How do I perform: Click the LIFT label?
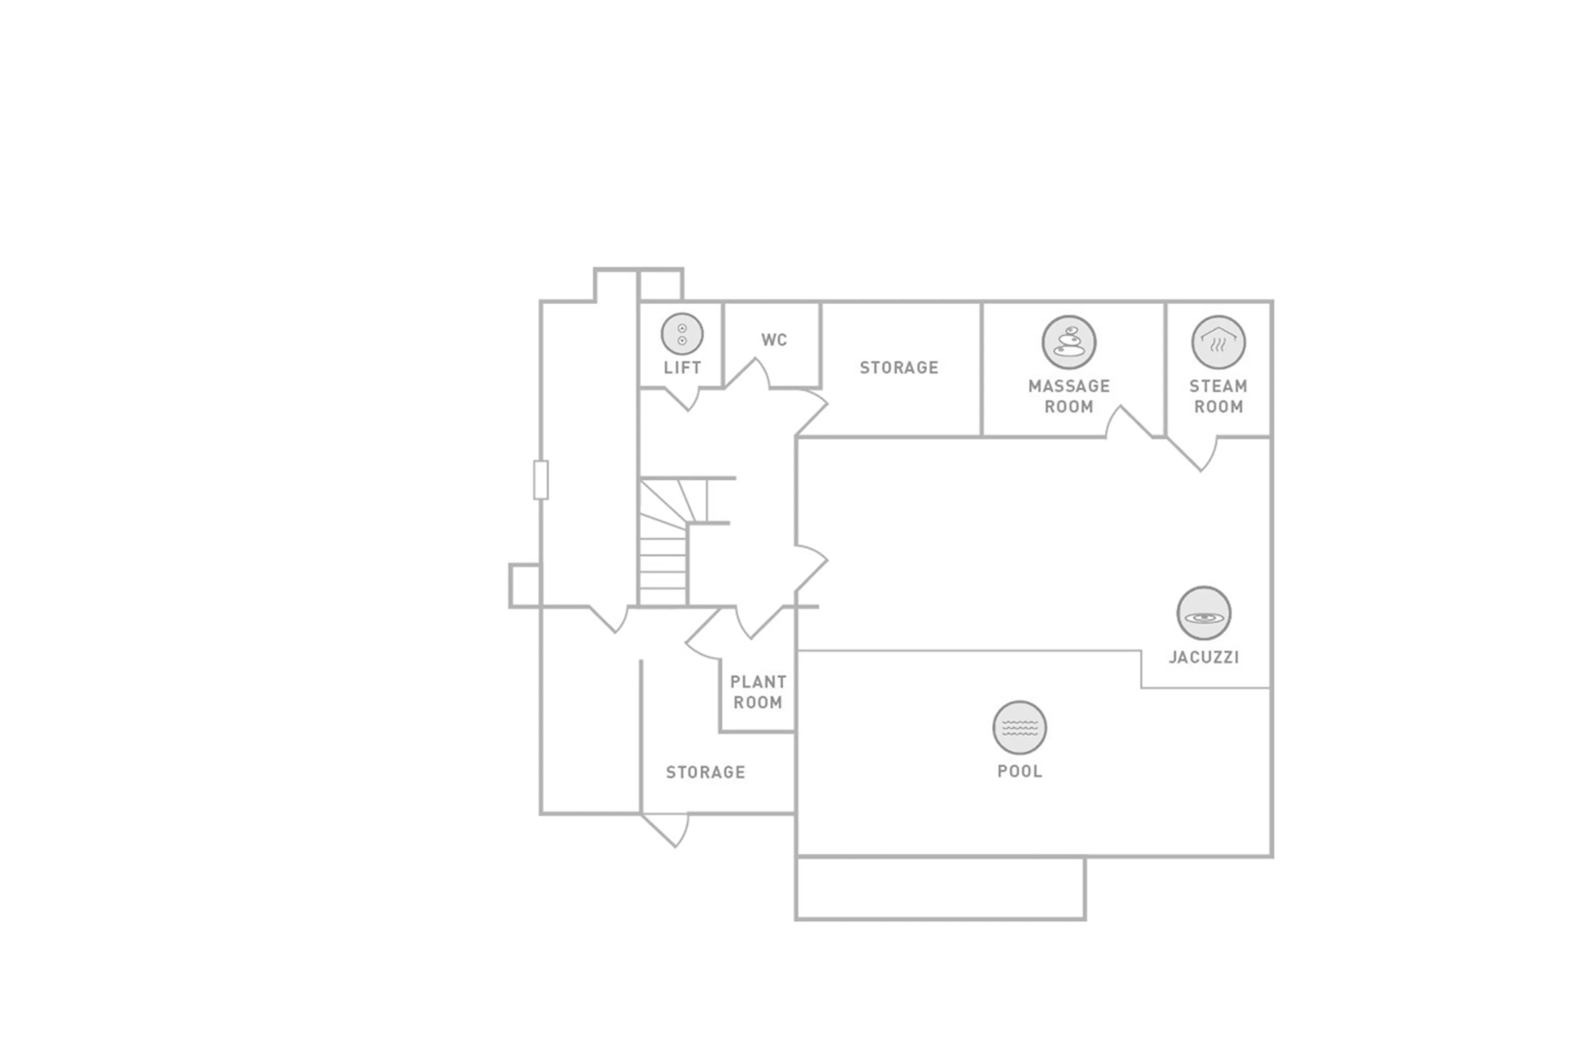pyautogui.click(x=682, y=368)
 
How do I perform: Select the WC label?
pyautogui.click(x=773, y=340)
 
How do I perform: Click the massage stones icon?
pyautogui.click(x=1068, y=342)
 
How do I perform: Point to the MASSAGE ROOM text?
pyautogui.click(x=1068, y=396)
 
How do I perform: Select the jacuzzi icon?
pyautogui.click(x=1203, y=613)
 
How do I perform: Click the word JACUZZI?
pyautogui.click(x=1203, y=657)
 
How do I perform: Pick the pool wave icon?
pyautogui.click(x=1019, y=727)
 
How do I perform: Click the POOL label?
pyautogui.click(x=1019, y=771)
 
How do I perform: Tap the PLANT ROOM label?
pyautogui.click(x=757, y=692)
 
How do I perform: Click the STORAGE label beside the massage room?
pyautogui.click(x=898, y=368)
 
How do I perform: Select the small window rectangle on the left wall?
pyautogui.click(x=540, y=480)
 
